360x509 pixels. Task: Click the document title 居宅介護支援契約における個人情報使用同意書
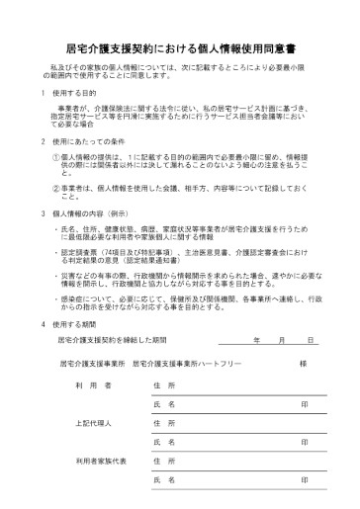point(179,45)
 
